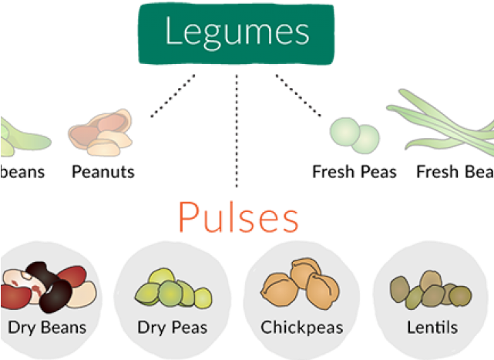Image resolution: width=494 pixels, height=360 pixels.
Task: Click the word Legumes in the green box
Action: pos(237,33)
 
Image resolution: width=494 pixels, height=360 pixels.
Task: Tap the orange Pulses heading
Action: pos(237,218)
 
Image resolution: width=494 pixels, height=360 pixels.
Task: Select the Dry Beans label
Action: pos(48,327)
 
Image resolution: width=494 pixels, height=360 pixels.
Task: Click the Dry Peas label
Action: pos(172,327)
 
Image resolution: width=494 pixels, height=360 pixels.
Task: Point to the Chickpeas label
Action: pos(301,327)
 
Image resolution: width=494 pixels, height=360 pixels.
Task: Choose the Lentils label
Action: pos(432,327)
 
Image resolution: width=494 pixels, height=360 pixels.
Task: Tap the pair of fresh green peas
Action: pos(355,134)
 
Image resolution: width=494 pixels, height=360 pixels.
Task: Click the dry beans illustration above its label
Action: pos(48,286)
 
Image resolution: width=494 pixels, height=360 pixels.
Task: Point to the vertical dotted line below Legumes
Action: pos(236,131)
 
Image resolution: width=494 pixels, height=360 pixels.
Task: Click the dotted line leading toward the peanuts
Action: pos(173,96)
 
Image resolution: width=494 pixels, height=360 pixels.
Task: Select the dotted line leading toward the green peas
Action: pos(299,96)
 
